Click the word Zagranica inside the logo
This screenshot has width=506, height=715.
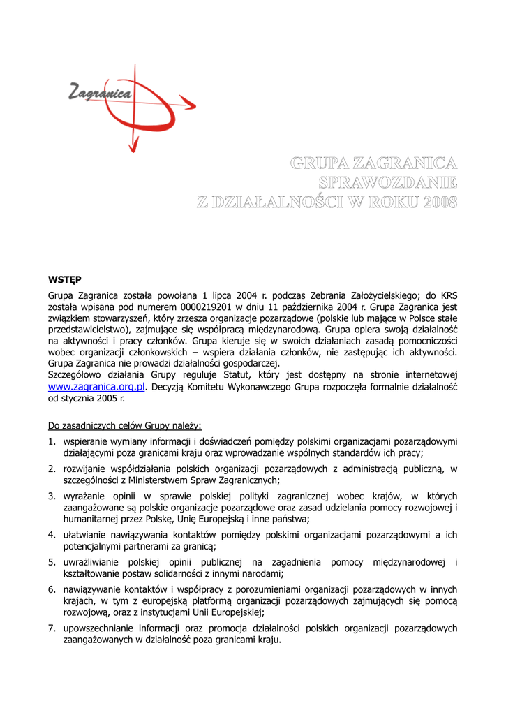click(101, 91)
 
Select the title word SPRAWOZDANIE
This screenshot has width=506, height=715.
click(387, 183)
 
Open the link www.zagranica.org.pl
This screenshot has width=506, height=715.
click(96, 386)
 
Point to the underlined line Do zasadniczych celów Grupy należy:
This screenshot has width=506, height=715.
click(125, 425)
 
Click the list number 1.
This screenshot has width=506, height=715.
click(52, 441)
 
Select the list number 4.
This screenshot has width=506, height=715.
click(52, 535)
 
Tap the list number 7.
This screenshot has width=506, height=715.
click(52, 628)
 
